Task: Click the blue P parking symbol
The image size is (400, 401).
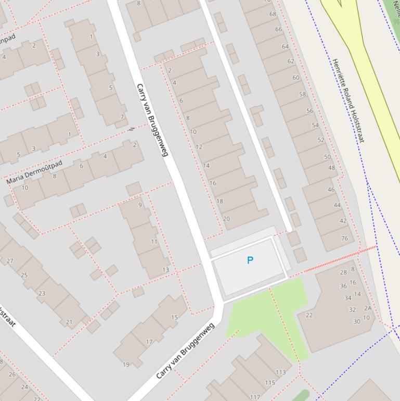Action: (x=250, y=260)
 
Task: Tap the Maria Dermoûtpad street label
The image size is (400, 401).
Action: (x=34, y=172)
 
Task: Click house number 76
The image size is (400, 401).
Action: (x=344, y=239)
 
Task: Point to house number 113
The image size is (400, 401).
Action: (x=281, y=372)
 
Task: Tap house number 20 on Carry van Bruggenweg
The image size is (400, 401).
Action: (x=226, y=219)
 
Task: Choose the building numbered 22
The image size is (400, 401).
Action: (x=309, y=315)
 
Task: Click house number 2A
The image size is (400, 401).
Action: (x=368, y=308)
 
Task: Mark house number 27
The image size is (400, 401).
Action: (x=10, y=261)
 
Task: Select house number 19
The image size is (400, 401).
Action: (x=126, y=365)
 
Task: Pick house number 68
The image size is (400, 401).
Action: (x=273, y=14)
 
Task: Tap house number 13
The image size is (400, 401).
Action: (x=165, y=269)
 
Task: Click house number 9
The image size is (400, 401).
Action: (x=140, y=205)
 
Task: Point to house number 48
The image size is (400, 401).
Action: (x=331, y=168)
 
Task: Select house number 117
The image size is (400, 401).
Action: (x=255, y=397)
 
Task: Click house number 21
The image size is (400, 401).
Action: (x=69, y=322)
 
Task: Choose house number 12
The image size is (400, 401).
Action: (x=199, y=147)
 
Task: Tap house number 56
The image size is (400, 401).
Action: (x=309, y=111)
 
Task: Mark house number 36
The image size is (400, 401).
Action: (x=343, y=286)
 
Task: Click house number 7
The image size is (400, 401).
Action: (x=122, y=117)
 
